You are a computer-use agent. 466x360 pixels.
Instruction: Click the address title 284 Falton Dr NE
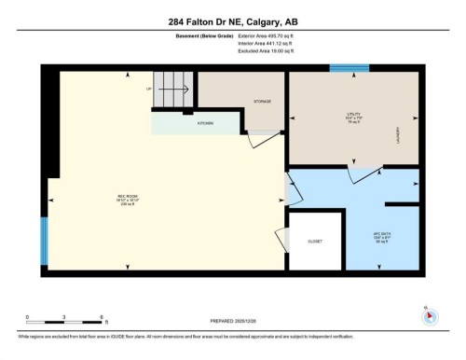coord(233,22)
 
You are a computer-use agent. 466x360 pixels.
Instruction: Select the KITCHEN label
coord(205,123)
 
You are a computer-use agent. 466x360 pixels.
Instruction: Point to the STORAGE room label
coord(262,101)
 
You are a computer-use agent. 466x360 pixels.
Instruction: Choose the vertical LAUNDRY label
coord(398,136)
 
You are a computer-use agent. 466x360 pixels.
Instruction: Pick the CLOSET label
coord(315,242)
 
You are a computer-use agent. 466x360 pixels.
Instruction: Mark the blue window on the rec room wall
coord(45,242)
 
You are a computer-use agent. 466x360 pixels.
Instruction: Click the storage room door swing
coord(265,139)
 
